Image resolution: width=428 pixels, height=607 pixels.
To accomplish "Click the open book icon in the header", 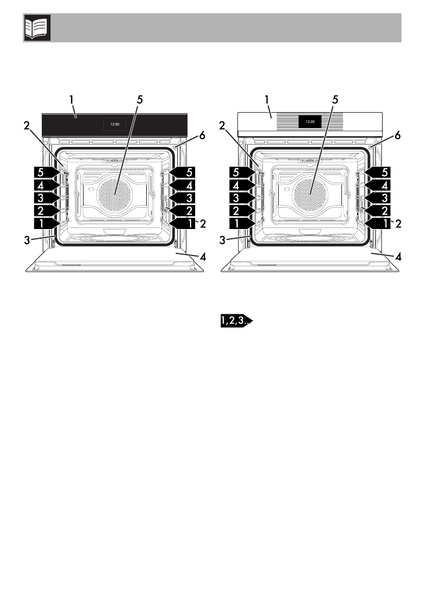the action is [38, 28].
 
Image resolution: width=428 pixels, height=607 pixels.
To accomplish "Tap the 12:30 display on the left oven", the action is [115, 124].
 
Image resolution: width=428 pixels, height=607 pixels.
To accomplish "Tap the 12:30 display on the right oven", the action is [310, 121].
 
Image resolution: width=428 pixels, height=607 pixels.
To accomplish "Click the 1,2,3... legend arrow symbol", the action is [236, 320].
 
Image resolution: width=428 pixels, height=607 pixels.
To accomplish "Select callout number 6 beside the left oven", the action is [202, 136].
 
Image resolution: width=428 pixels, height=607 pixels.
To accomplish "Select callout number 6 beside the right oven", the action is [397, 136].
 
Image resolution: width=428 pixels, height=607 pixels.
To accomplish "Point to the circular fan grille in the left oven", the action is [115, 195].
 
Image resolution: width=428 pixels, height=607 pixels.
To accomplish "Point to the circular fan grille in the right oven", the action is [310, 195].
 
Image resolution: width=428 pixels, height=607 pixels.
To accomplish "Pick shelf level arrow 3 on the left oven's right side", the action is [182, 198].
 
